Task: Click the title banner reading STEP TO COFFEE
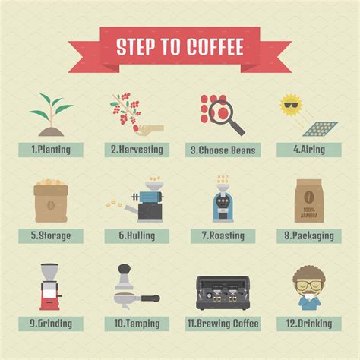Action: [x=180, y=46]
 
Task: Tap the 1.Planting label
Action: [x=51, y=150]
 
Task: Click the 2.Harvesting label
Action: [x=137, y=150]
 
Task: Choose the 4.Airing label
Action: [x=308, y=150]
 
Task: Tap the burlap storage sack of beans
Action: [x=51, y=201]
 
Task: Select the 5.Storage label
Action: [x=51, y=235]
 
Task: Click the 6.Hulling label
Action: [x=137, y=235]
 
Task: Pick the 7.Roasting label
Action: [x=223, y=235]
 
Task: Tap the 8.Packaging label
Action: [x=308, y=235]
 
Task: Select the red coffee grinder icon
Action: [x=50, y=286]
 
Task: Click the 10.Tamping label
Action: [x=137, y=323]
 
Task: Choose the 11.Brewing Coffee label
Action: [x=223, y=323]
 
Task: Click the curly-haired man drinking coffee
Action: [x=308, y=288]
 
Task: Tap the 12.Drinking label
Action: [x=308, y=323]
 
